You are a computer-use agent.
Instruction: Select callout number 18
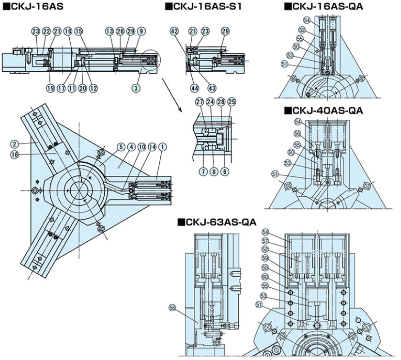pyautogui.click(x=15, y=154)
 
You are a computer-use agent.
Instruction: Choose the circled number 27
pyautogui.click(x=199, y=101)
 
